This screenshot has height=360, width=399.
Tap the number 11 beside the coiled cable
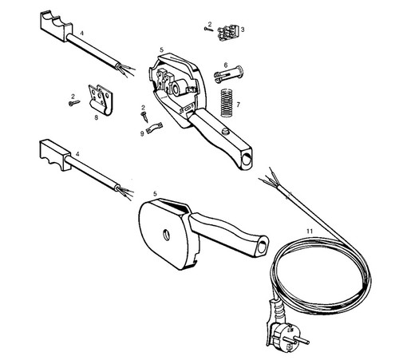tap(310, 231)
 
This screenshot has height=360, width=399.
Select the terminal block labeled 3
tap(227, 33)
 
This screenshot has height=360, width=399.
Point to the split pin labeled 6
tap(228, 74)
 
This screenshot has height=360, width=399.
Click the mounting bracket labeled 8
tap(100, 100)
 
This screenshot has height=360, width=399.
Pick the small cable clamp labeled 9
tap(154, 128)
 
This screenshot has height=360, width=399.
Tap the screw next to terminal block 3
tap(209, 30)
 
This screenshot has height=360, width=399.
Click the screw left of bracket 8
tap(74, 103)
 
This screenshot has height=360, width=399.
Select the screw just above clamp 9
tap(144, 117)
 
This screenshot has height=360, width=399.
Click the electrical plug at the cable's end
tap(286, 334)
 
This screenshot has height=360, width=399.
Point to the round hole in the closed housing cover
tap(166, 235)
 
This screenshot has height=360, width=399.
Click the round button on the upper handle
tap(226, 132)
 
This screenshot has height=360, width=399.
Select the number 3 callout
tap(243, 30)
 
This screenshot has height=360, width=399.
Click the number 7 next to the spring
tap(238, 105)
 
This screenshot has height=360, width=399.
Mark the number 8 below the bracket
tap(96, 117)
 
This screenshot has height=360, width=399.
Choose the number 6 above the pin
tap(226, 65)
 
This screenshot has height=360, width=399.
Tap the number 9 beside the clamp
tap(142, 133)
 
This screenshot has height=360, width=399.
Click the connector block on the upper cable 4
tap(57, 26)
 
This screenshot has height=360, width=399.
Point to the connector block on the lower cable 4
tap(54, 154)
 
